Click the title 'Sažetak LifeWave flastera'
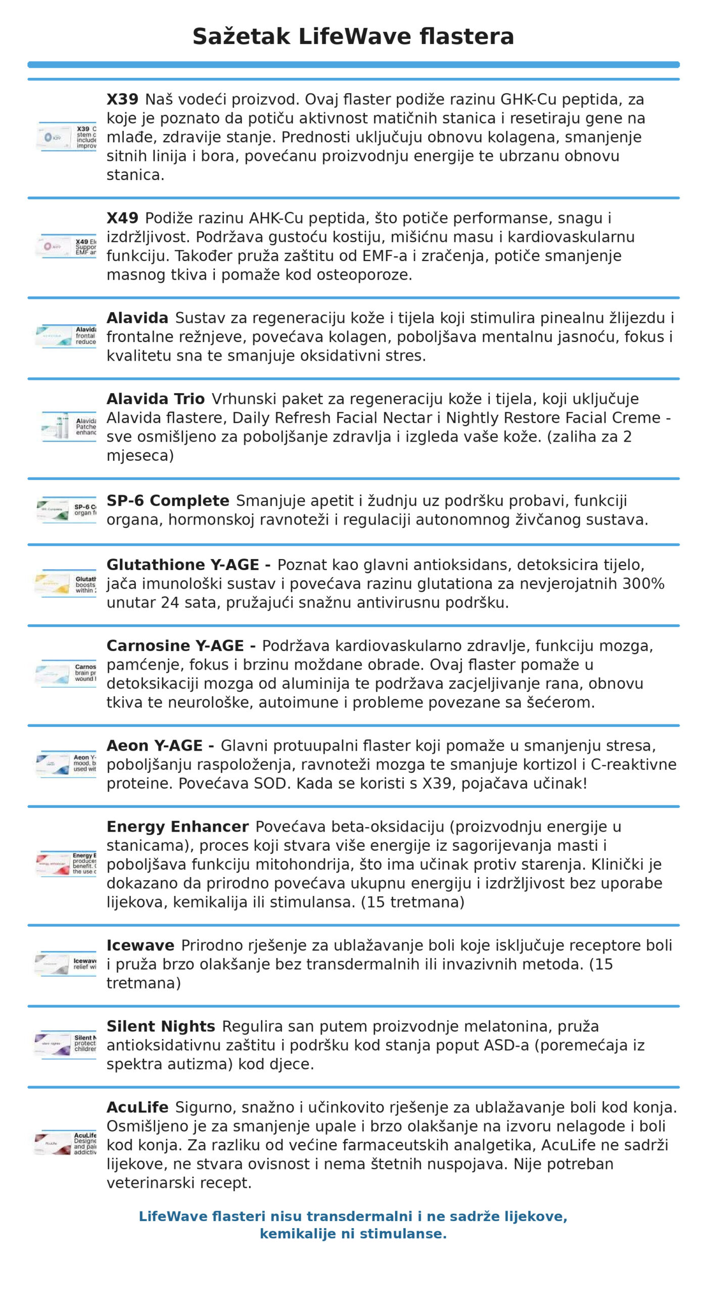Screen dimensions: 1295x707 coord(353,37)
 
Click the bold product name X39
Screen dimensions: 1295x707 coord(122,99)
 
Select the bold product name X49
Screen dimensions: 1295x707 coord(122,218)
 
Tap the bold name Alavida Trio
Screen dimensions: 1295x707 coord(155,399)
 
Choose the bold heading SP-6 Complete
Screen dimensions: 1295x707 coord(168,501)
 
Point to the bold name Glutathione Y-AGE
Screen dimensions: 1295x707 coord(183,565)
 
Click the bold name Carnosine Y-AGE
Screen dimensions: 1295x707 coord(175,646)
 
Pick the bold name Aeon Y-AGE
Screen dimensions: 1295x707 coord(155,746)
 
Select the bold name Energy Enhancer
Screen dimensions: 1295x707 coord(177,827)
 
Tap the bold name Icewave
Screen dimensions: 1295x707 coord(140,945)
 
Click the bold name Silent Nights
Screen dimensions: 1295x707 coord(161,1026)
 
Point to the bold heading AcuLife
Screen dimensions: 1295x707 coord(137,1107)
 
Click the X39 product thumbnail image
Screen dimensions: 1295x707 coord(66,137)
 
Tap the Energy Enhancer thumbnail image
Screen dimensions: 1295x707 coord(66,864)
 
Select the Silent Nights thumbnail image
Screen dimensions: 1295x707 coord(66,1045)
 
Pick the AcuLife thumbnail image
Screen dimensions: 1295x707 coord(66,1144)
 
